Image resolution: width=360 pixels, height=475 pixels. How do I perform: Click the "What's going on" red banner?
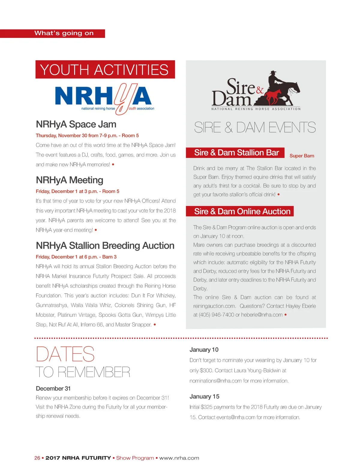tap(64, 33)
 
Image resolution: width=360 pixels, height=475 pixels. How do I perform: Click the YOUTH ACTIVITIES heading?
tap(105, 70)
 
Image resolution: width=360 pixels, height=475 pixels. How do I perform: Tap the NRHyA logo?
tap(103, 98)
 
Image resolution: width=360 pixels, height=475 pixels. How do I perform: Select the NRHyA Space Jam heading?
tap(76, 124)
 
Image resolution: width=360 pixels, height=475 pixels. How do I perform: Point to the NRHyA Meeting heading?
tap(69, 180)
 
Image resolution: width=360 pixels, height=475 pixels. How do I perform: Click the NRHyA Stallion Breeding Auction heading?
tap(105, 246)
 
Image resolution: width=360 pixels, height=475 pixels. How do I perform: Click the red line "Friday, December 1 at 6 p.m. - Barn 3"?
tap(76, 257)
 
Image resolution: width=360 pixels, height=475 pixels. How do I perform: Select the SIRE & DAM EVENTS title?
tap(255, 128)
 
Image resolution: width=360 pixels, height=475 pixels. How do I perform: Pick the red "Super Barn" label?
tap(302, 156)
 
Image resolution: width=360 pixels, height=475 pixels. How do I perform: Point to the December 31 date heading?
tap(53, 389)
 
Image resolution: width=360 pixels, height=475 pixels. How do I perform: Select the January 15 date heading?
tap(204, 397)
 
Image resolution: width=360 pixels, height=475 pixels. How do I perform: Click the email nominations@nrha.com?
tap(215, 381)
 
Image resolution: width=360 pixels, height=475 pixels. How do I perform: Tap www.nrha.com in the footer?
tap(179, 458)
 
